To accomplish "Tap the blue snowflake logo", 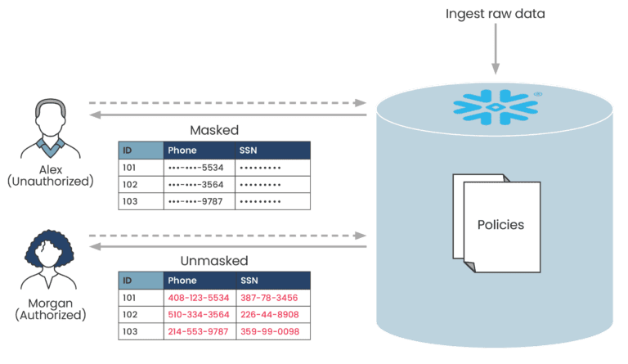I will [491, 107].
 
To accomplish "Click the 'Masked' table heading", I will [213, 130].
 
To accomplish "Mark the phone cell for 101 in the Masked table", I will [199, 168].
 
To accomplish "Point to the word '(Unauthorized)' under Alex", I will [51, 182].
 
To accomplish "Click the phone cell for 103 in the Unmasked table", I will [199, 331].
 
